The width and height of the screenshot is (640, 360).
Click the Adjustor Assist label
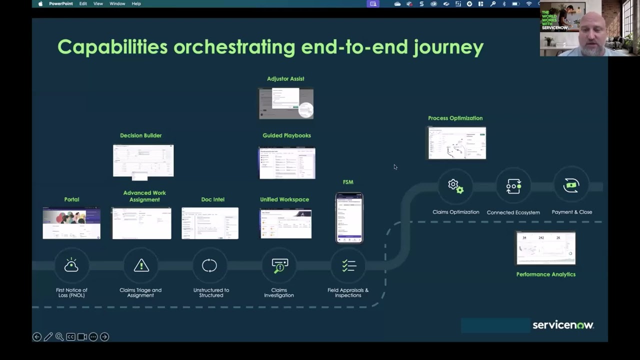click(285, 78)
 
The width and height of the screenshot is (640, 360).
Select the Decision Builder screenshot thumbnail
click(143, 161)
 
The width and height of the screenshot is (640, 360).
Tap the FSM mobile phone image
click(349, 217)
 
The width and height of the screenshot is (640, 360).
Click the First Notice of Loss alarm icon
click(71, 265)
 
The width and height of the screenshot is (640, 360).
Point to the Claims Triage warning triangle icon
click(141, 265)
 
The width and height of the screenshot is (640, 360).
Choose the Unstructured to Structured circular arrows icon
click(209, 265)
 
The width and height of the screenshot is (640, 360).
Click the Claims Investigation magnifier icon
click(279, 265)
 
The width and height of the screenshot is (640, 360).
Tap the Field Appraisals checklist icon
click(349, 265)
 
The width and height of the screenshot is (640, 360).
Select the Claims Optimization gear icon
click(455, 186)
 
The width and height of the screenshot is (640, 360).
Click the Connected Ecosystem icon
click(513, 186)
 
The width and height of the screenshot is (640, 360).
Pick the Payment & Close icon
click(571, 185)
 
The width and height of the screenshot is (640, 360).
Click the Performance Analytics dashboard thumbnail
click(545, 248)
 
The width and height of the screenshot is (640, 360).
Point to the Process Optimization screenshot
click(456, 143)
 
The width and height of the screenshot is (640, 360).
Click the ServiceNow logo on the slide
click(563, 325)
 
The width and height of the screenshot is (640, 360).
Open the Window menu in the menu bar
click(117, 3)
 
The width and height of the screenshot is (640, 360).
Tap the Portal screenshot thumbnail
click(71, 223)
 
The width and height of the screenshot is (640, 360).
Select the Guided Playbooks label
click(286, 135)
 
